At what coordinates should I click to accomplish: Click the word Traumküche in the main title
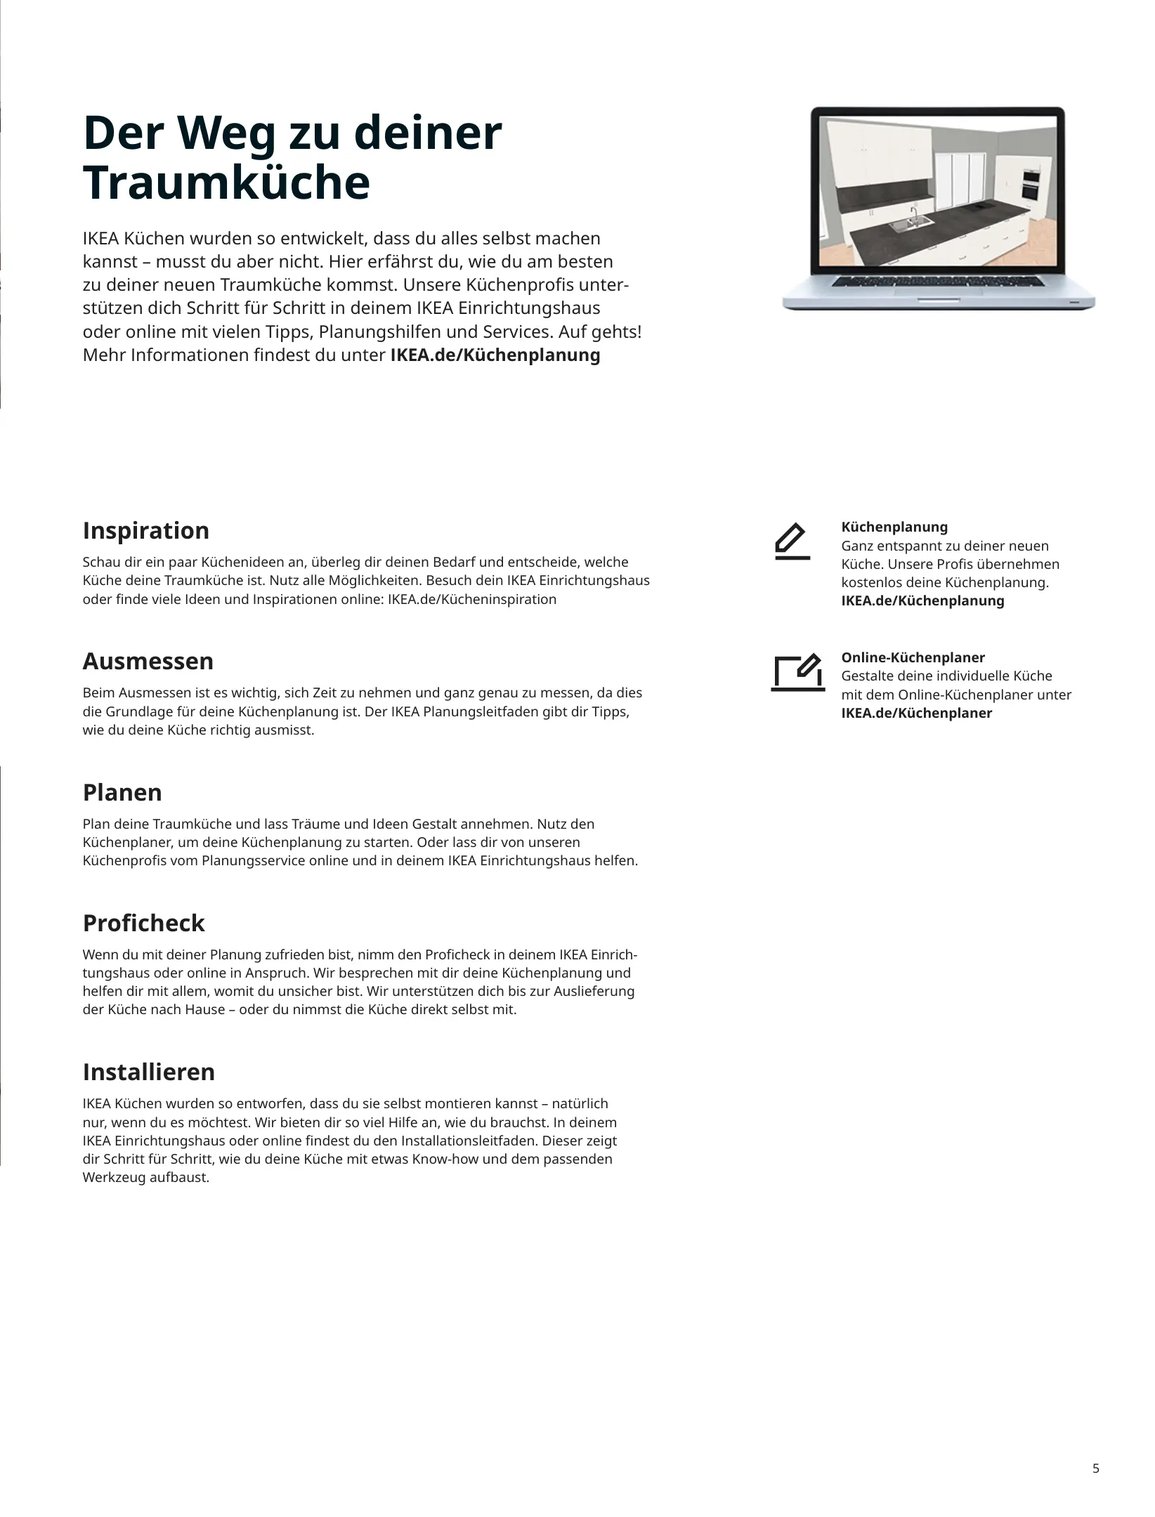tap(226, 184)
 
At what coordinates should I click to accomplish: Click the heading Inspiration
tap(145, 531)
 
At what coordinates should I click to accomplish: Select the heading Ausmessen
tap(148, 662)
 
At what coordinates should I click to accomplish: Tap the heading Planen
tap(122, 793)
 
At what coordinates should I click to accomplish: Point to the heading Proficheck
tap(143, 924)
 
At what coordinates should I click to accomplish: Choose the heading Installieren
tap(148, 1072)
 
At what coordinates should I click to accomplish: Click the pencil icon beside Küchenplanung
tap(792, 541)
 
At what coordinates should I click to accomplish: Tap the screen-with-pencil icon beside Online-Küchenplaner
tap(797, 672)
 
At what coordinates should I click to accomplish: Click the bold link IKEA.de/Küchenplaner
tap(916, 714)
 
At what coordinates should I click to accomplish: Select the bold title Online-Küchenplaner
tap(913, 658)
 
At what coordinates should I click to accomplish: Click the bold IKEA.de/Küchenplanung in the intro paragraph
tap(495, 355)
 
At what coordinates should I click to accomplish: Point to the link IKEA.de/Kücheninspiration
tap(471, 600)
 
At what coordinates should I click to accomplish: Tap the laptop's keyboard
tap(939, 281)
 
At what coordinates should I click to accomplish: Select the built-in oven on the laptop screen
tap(1031, 183)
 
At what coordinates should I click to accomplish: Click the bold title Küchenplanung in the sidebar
tap(894, 527)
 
